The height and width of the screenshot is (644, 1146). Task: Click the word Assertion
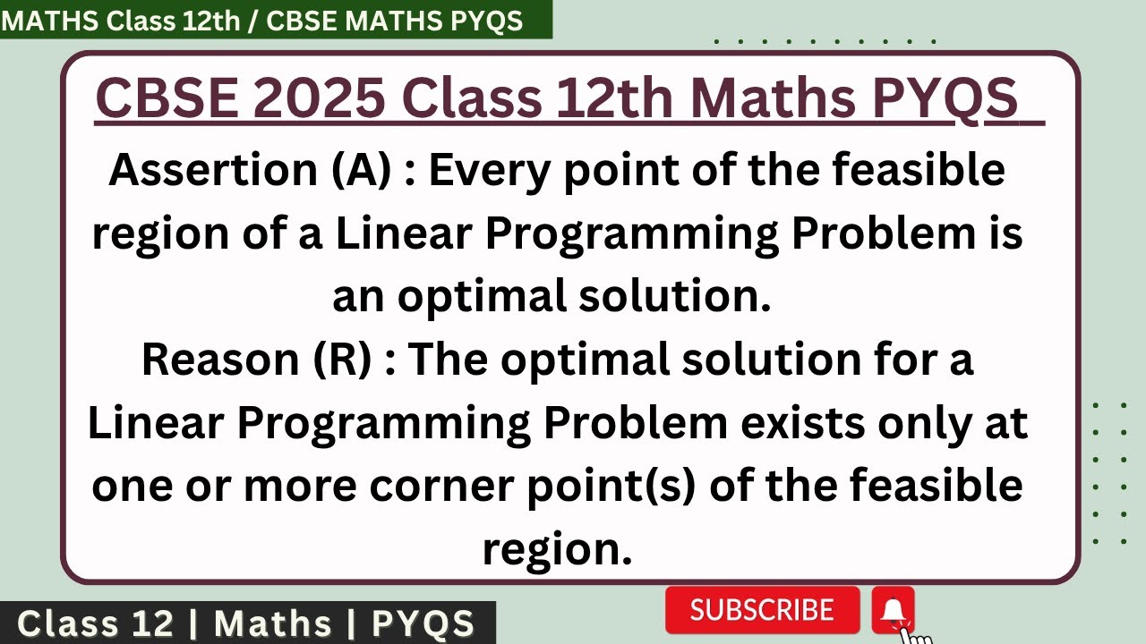pos(213,170)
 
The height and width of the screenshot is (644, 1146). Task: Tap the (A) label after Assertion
pos(361,171)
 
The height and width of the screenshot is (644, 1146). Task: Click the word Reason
pos(220,360)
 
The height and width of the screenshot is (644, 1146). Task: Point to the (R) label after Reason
pos(343,360)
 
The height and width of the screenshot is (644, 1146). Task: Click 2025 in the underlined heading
pos(318,97)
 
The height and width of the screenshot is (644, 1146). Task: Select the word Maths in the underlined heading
pos(774,97)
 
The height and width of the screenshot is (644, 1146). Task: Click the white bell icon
pos(893,610)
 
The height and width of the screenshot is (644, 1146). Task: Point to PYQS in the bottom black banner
pos(423,623)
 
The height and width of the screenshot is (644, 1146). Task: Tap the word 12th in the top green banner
pos(211,21)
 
